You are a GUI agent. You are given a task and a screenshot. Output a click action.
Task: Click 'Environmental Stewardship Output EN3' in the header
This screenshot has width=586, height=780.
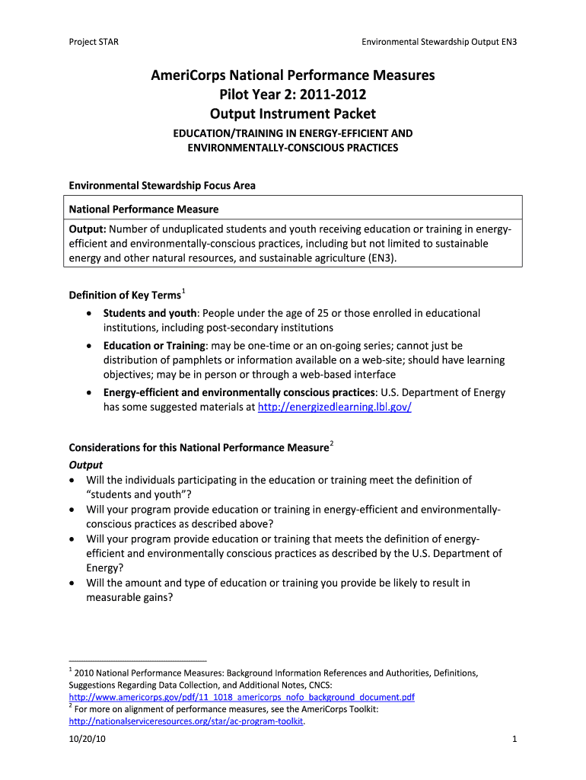[439, 42]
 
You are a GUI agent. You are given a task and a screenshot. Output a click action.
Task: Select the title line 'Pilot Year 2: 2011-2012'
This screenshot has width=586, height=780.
[292, 95]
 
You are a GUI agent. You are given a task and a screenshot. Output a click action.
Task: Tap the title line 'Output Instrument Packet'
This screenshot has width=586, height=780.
[292, 114]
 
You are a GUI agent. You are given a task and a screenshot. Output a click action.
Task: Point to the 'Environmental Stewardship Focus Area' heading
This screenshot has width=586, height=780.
[162, 185]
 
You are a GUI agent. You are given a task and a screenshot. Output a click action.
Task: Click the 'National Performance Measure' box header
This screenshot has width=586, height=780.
[144, 209]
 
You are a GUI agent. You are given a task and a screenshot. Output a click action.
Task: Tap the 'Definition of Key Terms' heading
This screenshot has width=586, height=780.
[124, 296]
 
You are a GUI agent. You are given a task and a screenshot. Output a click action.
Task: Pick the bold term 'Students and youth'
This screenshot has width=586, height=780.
[150, 313]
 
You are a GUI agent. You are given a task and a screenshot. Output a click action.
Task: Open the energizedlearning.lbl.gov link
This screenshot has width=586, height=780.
[335, 407]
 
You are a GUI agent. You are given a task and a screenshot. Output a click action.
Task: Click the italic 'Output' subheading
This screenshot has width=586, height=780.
[86, 465]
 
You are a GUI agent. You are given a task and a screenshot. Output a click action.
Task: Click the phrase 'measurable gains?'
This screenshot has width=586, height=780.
[130, 598]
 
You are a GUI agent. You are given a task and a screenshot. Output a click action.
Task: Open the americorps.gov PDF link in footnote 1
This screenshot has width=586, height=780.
[241, 697]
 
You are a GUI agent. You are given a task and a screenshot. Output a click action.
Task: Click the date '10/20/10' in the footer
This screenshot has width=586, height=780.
[88, 740]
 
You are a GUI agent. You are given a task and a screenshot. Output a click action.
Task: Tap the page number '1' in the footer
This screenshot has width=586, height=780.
[515, 740]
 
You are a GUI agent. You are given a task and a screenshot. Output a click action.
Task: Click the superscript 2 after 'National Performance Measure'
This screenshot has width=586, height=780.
[333, 443]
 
